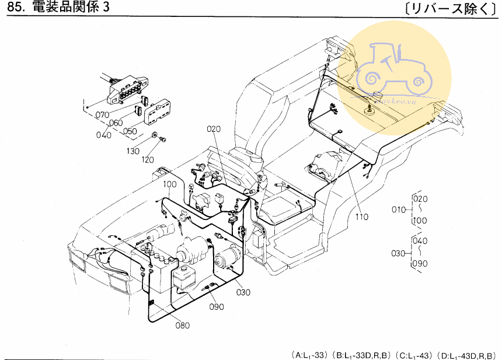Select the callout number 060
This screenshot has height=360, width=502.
(116, 123)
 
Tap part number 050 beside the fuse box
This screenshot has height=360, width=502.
(130, 131)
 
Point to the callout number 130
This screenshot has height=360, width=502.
(134, 151)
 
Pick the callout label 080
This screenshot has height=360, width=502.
(182, 325)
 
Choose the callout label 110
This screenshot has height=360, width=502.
(362, 217)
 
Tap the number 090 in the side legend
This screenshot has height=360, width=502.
(420, 264)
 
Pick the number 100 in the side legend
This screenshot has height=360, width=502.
(420, 221)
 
